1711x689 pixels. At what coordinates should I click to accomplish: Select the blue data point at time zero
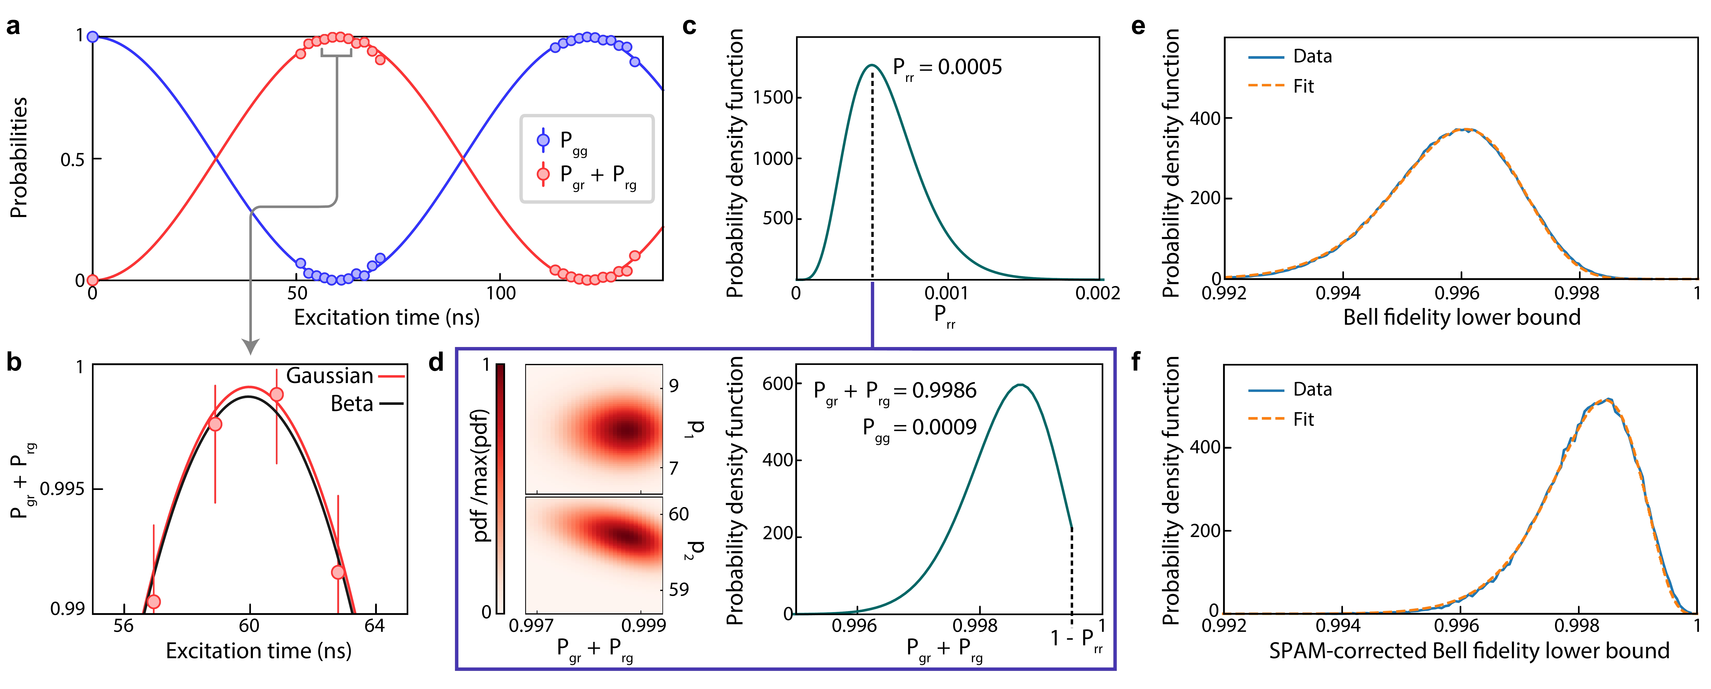point(93,37)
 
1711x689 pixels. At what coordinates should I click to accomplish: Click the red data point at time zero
point(93,280)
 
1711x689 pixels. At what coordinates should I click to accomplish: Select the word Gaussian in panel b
point(329,376)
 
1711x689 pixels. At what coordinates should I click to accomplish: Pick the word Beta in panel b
point(352,404)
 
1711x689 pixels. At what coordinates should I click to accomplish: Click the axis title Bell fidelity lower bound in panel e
point(1461,318)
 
